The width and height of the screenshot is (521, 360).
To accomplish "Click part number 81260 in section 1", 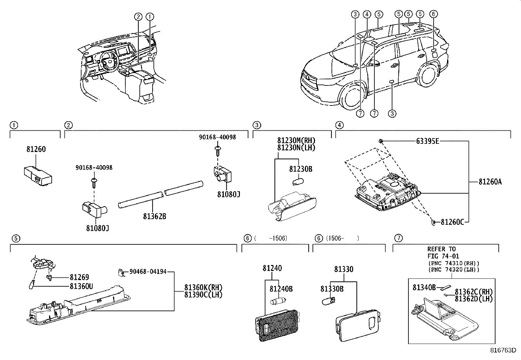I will click(36, 149).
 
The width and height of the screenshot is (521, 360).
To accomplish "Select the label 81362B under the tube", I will click(154, 217).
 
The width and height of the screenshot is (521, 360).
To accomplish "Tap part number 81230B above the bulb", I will click(301, 169).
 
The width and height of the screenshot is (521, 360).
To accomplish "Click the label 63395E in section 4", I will click(427, 142).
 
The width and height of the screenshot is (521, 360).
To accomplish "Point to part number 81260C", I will click(453, 222).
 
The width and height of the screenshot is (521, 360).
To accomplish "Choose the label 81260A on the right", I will click(490, 182).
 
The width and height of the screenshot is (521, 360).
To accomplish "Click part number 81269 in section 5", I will click(79, 277).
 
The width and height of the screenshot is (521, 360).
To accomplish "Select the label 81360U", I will click(81, 286).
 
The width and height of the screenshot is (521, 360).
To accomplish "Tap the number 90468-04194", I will click(148, 272).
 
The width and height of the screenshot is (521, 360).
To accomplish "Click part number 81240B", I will click(281, 289).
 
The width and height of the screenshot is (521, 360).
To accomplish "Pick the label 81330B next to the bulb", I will click(332, 289).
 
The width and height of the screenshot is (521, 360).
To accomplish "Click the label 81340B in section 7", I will click(424, 288).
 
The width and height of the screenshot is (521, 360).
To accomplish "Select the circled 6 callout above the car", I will click(433, 14).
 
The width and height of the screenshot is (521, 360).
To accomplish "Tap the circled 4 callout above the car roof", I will click(367, 14).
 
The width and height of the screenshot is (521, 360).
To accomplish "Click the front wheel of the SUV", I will click(352, 98).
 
